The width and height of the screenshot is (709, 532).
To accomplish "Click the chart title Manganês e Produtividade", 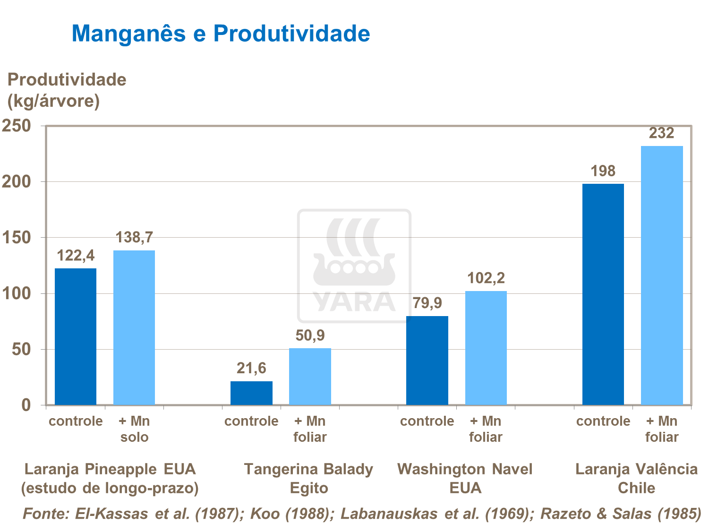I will coord(221,34).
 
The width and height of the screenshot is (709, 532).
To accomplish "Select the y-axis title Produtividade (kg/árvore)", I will coord(67,90).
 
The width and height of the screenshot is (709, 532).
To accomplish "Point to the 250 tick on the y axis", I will coord(17,126).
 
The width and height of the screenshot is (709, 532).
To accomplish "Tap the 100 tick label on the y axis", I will coord(17,293).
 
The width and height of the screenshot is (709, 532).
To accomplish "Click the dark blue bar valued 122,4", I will coord(76,336).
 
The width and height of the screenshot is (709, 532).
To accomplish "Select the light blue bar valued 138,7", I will coord(134,327).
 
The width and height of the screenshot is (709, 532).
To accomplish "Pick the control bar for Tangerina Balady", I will coord(251,393).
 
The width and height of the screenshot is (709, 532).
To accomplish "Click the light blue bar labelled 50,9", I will coord(310,377).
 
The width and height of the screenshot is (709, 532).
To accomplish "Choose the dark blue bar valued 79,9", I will coord(427,360).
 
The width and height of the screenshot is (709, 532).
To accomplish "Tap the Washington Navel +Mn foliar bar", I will coord(486,348).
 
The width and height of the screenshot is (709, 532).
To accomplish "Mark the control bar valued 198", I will coord(603,294).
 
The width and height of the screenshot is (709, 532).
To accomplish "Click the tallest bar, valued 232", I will coord(661,275).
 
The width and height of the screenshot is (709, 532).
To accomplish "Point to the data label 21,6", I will coord(251,368).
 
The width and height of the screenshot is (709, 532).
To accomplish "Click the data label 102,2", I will coord(486,278).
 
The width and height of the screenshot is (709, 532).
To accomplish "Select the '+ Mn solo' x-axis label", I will coord(134,429).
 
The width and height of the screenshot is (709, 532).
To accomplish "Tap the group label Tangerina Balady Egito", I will coord(308,478).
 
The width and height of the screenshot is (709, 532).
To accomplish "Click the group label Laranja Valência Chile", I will coord(636,478).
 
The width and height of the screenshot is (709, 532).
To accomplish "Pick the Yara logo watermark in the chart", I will coord(354,266).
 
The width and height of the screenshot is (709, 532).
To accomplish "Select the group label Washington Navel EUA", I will coord(465,478).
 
